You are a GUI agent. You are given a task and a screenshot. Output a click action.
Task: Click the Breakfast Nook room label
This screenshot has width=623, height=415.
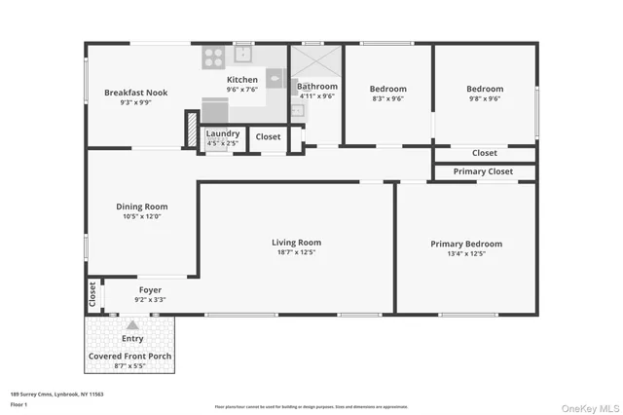(x=135, y=93)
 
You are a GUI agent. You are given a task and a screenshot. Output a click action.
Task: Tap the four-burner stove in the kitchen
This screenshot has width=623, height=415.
(x=213, y=59)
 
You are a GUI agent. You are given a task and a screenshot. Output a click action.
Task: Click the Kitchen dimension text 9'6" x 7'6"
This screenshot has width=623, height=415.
(x=242, y=90)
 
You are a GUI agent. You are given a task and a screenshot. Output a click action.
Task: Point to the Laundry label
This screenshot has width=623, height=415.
(x=223, y=133)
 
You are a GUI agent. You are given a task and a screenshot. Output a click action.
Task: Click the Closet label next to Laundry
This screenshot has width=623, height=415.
(x=268, y=137)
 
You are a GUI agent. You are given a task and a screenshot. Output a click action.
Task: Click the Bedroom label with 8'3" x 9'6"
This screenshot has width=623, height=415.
(x=387, y=88)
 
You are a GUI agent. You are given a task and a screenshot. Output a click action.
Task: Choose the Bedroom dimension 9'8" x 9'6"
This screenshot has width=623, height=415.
(x=484, y=98)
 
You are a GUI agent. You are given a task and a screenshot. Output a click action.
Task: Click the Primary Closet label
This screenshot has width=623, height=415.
(x=483, y=171)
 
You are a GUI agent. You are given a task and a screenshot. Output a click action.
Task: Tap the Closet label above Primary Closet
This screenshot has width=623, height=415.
(x=484, y=153)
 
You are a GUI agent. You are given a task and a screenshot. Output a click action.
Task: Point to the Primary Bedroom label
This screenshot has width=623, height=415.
(x=466, y=244)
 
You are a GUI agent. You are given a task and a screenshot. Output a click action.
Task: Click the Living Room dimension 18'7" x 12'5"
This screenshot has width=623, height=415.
(x=296, y=252)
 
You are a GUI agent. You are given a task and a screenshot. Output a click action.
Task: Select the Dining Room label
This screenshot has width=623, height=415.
(x=142, y=207)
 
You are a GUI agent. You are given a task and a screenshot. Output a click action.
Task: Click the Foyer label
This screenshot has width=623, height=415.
(x=150, y=290)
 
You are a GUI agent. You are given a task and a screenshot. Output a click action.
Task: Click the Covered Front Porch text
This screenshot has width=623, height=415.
(x=131, y=356)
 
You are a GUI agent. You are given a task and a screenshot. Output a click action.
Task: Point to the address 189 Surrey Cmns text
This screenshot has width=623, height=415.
(x=56, y=394)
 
